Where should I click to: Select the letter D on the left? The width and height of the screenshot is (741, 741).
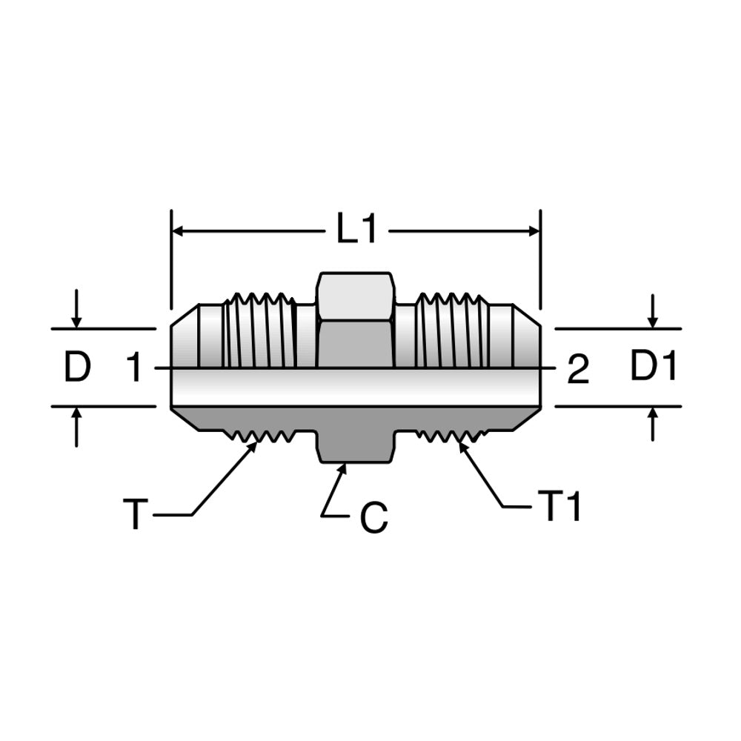[77, 368]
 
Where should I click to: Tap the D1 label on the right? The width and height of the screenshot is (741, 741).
[654, 367]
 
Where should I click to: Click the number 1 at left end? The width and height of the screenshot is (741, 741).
[133, 368]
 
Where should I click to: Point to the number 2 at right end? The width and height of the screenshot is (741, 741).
[578, 370]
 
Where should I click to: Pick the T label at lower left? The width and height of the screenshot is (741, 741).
[134, 515]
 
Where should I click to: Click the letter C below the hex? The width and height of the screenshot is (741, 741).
[374, 519]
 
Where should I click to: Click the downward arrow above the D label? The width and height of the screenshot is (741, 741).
[76, 320]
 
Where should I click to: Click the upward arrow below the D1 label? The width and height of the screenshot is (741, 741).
[652, 415]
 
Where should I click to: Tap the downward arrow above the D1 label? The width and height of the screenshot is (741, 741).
[652, 320]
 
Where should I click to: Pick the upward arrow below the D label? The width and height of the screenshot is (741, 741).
[76, 415]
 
